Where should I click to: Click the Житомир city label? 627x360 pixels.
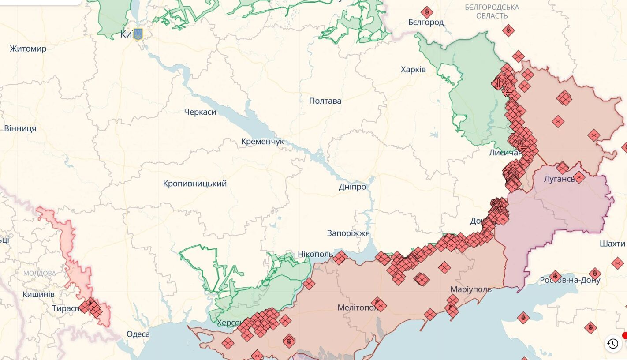[x=28, y=49]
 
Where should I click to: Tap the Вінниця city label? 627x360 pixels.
[x=20, y=128]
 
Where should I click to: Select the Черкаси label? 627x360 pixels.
[x=200, y=112]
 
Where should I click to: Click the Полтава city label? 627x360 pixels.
[x=325, y=101]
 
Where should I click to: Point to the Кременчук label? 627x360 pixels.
[x=262, y=142]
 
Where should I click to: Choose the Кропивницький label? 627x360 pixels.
[x=194, y=183]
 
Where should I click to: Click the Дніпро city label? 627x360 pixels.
[x=352, y=187]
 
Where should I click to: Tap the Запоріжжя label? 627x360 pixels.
[x=348, y=233]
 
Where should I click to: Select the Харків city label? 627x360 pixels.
[x=413, y=69]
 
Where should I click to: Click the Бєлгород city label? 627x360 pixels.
[x=426, y=22]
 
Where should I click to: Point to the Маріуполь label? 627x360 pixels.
[x=470, y=289]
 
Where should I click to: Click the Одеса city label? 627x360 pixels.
[x=138, y=334]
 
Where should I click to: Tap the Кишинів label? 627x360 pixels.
[x=38, y=294]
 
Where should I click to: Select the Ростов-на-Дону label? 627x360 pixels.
[x=570, y=280]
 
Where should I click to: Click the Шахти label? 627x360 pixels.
[x=612, y=244]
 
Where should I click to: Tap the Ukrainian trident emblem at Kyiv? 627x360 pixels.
[x=138, y=34]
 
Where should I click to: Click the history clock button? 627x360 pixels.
[x=612, y=344]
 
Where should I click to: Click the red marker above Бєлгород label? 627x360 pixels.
[x=426, y=12]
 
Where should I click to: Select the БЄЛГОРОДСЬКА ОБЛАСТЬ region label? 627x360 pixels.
[x=492, y=11]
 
